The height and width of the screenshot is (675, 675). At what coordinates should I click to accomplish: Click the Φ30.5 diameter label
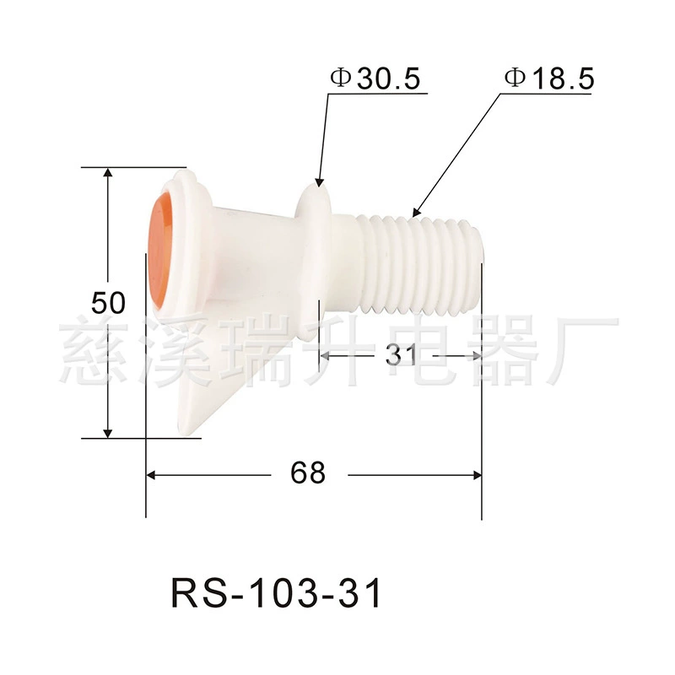point(375,78)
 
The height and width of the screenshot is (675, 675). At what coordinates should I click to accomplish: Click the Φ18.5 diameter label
point(550,78)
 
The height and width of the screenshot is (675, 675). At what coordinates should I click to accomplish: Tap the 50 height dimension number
point(109,302)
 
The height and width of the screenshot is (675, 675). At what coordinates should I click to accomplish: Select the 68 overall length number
point(308,472)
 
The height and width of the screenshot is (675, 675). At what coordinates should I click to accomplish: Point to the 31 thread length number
point(401,355)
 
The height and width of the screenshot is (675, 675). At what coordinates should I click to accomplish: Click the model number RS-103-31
point(276,593)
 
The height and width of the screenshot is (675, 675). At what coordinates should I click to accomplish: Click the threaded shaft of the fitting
point(419,265)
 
